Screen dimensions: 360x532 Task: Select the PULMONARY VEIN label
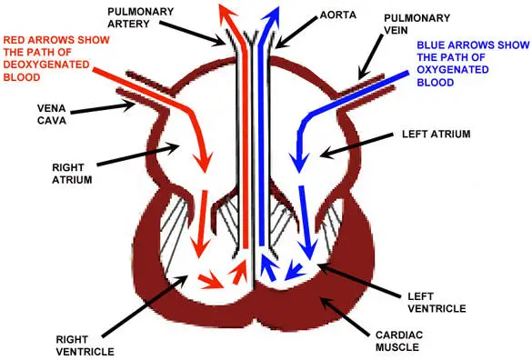point(417,23)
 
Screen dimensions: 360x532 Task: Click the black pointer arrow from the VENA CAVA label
point(105,107)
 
